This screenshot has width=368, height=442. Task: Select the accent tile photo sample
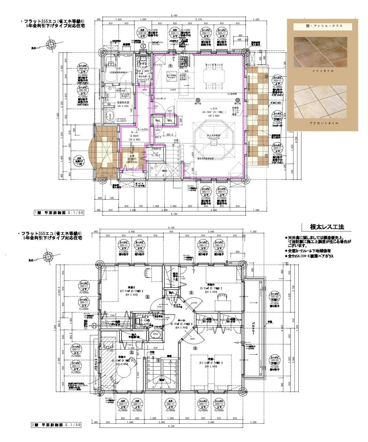(x=322, y=102)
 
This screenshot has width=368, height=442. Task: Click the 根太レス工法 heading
(x=325, y=227)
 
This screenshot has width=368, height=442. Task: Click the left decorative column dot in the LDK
(x=198, y=99)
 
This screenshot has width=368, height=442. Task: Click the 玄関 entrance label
(x=132, y=156)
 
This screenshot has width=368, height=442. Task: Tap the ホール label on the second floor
(x=181, y=320)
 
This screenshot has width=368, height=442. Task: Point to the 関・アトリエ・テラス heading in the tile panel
(x=322, y=26)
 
